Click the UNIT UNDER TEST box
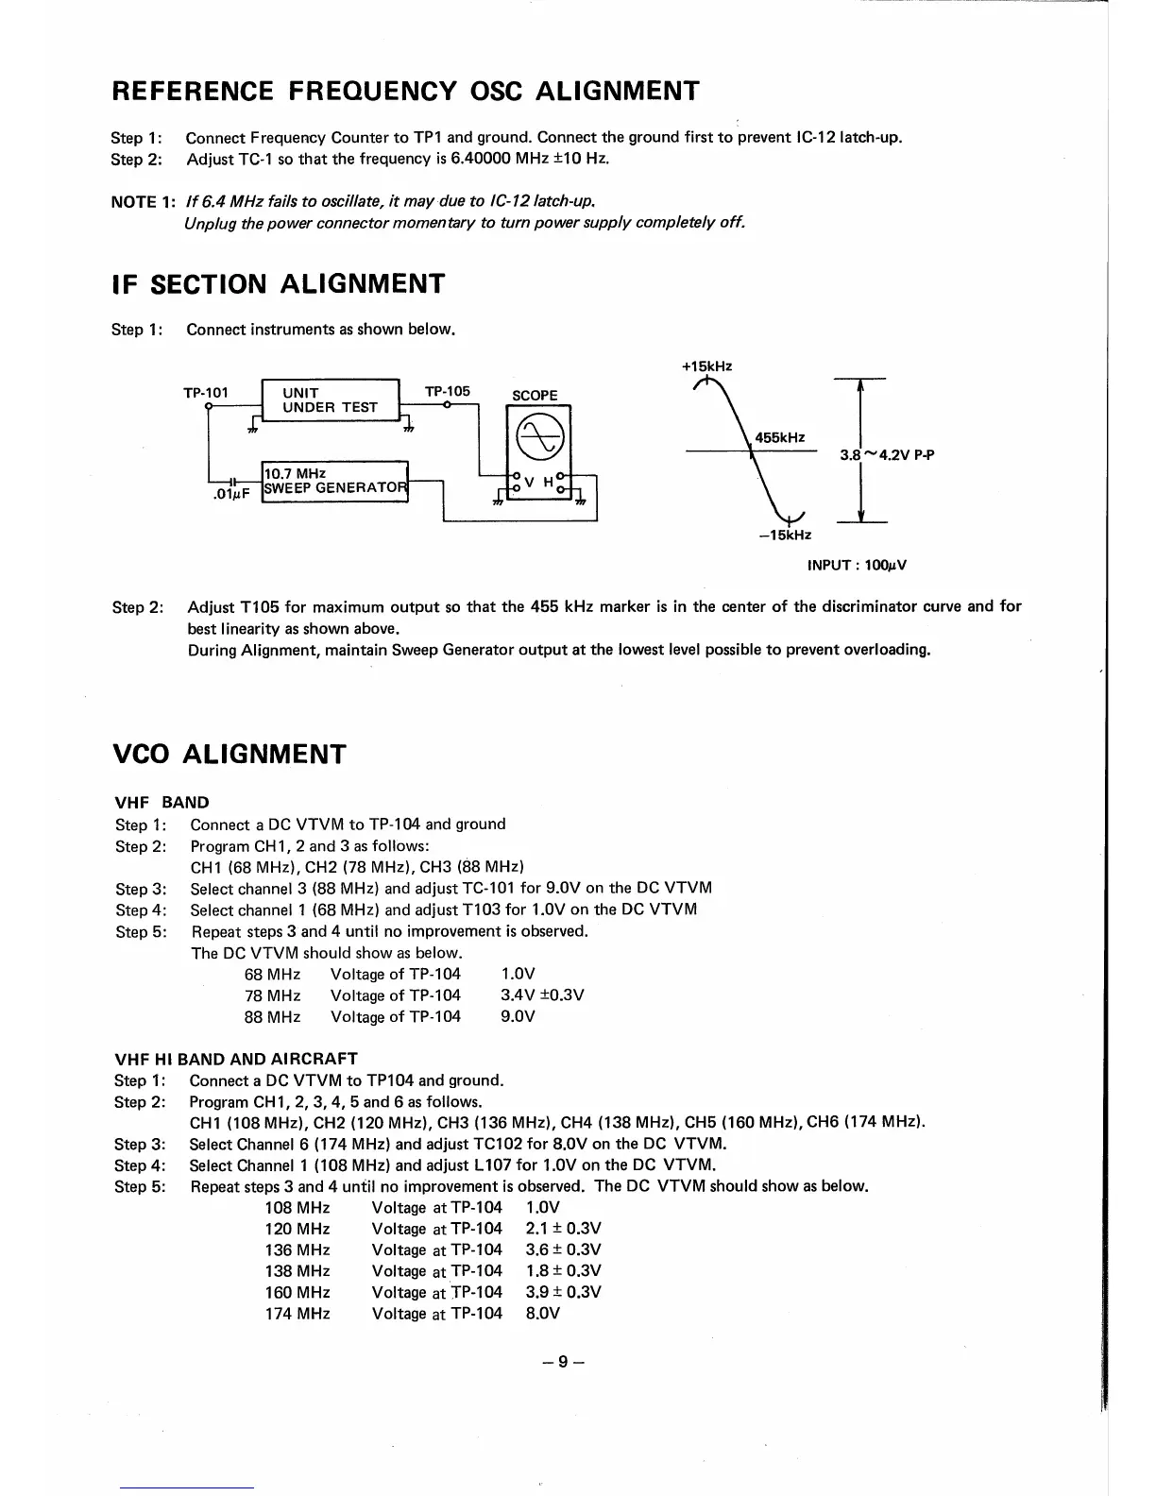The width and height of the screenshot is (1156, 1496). pos(331,400)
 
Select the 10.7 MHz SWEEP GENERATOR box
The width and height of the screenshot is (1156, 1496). pos(333,481)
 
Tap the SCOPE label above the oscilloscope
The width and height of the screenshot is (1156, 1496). pos(535,396)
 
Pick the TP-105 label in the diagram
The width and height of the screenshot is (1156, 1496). pos(448,391)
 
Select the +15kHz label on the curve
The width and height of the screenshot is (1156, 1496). pos(706,366)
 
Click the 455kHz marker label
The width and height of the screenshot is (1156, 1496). pos(780,437)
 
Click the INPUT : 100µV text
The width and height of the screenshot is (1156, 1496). pos(857,566)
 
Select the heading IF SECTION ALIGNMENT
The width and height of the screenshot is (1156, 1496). pos(278,284)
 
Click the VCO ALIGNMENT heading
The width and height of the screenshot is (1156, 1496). pos(229,755)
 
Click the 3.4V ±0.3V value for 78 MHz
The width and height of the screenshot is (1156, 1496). pos(541,995)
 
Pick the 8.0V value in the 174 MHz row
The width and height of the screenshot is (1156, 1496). pos(543,1314)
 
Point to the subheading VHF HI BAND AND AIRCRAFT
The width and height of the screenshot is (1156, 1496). pos(235,1059)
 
